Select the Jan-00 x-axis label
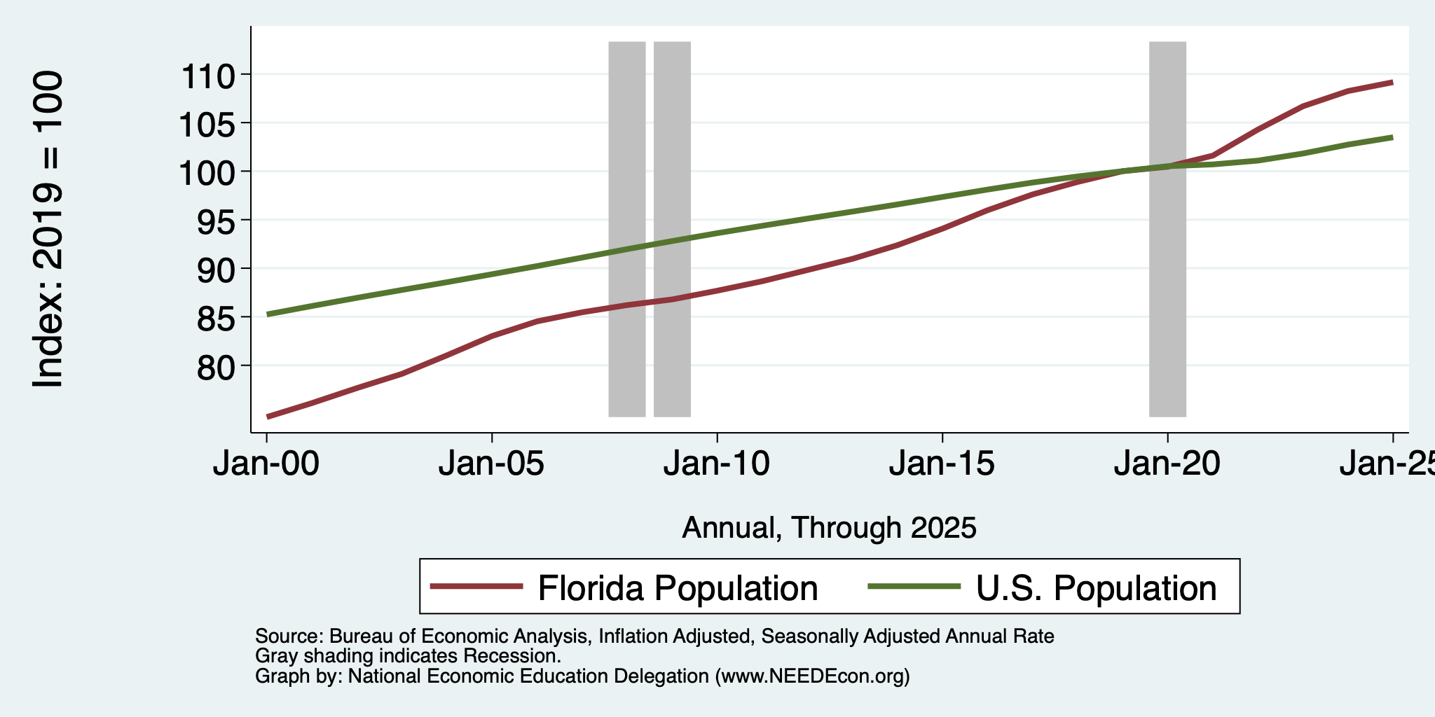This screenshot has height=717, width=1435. point(266,464)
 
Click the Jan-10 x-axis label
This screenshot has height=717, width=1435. point(717,464)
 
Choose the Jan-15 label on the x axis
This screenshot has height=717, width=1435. point(942,464)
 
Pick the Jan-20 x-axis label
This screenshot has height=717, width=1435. point(1167,464)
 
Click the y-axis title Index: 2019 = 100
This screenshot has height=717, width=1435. point(48,229)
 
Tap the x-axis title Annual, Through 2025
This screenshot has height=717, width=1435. point(829,528)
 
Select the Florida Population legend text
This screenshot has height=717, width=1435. point(678,587)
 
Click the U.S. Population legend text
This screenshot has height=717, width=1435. point(1096,587)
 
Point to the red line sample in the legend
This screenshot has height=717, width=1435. point(476,586)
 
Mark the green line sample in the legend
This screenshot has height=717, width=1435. point(914,586)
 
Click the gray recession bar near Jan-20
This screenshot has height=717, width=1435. point(1167,229)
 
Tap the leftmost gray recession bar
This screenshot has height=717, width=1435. point(626,229)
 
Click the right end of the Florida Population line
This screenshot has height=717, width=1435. point(1392,83)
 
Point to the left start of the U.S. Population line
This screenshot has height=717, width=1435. point(267,314)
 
